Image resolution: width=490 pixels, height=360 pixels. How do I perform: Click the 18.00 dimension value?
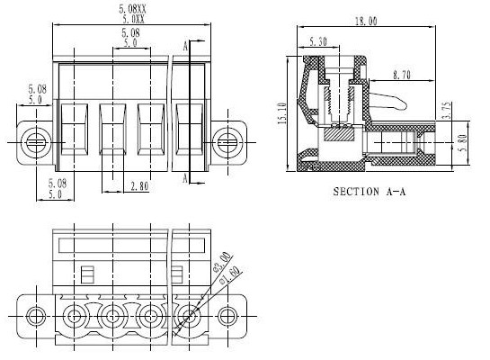366,21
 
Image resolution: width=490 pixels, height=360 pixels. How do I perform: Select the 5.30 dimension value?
318,41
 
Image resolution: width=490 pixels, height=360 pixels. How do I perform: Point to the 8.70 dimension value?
402,75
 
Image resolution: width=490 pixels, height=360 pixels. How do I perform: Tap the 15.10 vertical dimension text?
282,113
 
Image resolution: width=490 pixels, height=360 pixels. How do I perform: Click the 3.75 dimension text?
447,110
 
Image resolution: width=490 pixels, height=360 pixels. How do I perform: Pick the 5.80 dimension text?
463,142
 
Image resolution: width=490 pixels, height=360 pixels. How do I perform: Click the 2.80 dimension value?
139,186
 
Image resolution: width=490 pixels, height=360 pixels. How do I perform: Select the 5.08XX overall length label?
132,9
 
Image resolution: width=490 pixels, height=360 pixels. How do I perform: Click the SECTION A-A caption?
369,192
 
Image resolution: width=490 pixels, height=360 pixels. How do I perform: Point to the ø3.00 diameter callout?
222,261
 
